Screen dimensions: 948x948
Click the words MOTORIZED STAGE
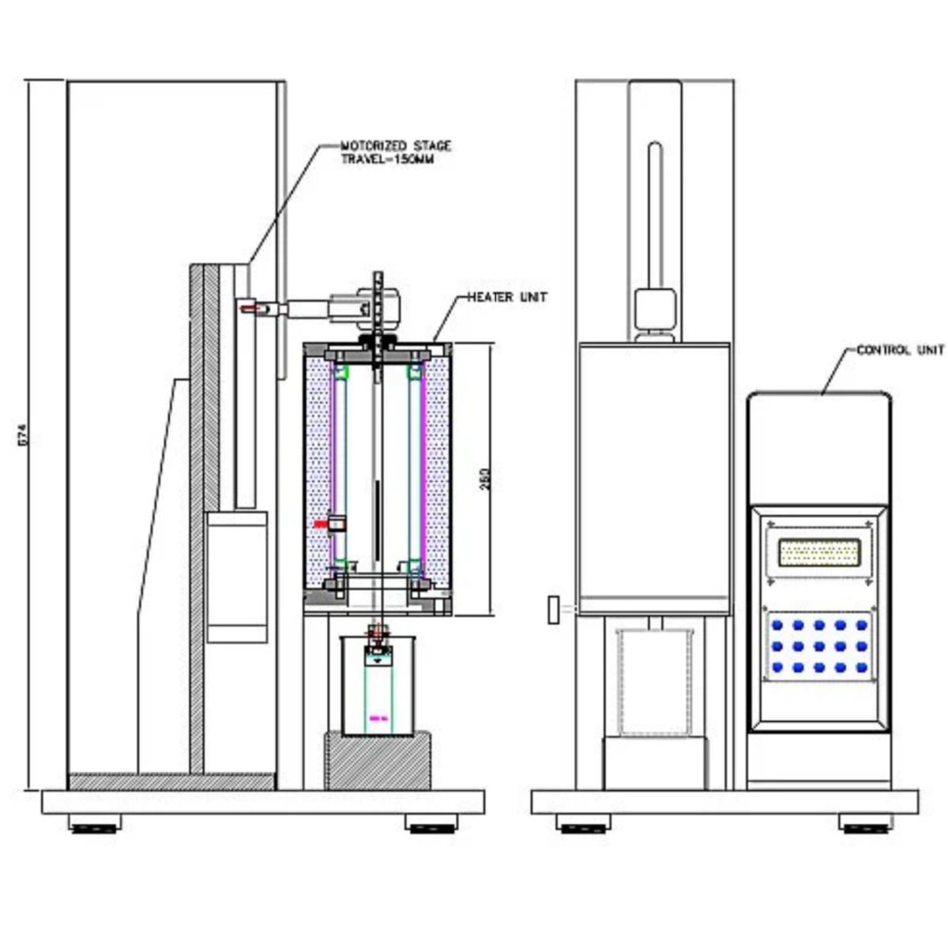[x=395, y=146]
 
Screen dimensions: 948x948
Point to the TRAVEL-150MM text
[x=387, y=159]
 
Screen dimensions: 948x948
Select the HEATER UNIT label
[x=507, y=297]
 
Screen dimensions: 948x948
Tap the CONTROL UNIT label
[x=901, y=350]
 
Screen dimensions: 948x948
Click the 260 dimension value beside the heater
[x=485, y=479]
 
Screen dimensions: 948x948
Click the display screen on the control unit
[x=818, y=552]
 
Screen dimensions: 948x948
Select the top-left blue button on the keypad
[x=777, y=625]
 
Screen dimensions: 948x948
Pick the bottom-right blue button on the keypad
[x=861, y=668]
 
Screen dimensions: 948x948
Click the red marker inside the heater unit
[x=320, y=524]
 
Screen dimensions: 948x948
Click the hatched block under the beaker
[x=378, y=760]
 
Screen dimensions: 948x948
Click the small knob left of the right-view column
[x=554, y=610]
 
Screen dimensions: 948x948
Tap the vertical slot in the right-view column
[x=653, y=213]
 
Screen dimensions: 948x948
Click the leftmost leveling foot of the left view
[x=95, y=826]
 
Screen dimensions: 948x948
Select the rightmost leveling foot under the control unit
[x=865, y=826]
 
